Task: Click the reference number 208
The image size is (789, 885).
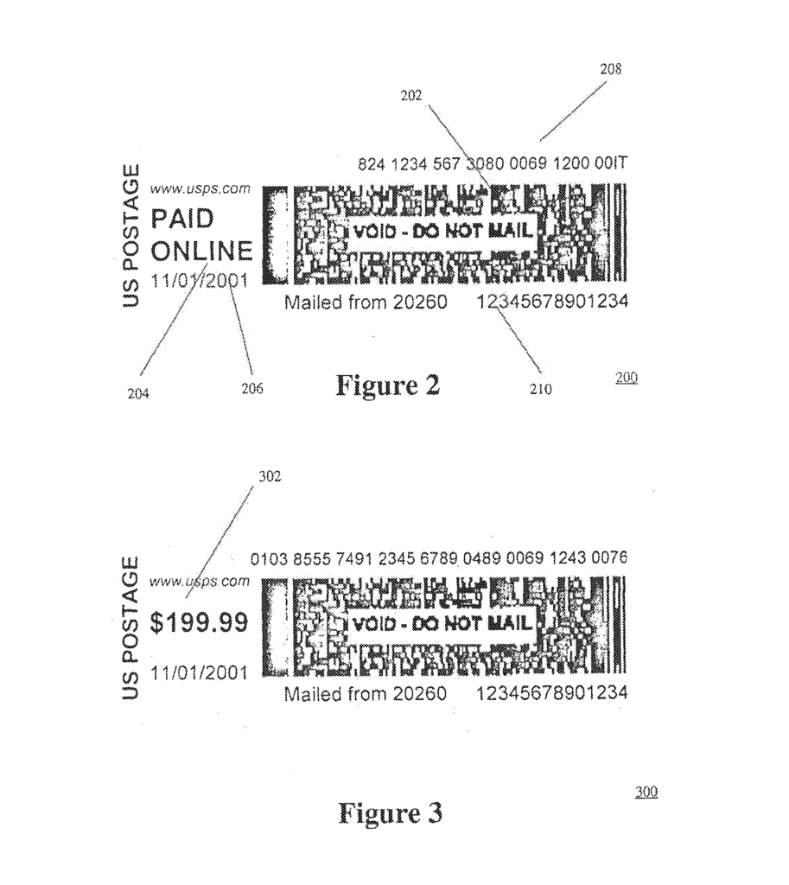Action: (x=610, y=69)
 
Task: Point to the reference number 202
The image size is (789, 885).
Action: (x=410, y=95)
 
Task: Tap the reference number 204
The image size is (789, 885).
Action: (x=138, y=393)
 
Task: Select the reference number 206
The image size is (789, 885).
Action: (x=252, y=388)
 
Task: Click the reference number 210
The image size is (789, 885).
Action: (x=541, y=389)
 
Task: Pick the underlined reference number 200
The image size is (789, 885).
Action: (x=627, y=377)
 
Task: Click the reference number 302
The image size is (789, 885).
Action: (x=270, y=476)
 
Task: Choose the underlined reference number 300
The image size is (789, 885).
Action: (x=646, y=792)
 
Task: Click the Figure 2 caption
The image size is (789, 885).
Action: (x=388, y=385)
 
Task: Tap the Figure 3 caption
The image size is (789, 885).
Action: (x=390, y=812)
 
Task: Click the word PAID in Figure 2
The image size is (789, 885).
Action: (x=182, y=219)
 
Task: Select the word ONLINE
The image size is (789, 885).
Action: (x=201, y=251)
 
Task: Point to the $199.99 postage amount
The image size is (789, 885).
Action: (x=199, y=622)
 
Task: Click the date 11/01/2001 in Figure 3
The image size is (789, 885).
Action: (x=199, y=672)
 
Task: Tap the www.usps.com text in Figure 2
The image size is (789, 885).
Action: (x=200, y=188)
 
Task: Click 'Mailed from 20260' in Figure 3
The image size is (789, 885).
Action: (x=366, y=694)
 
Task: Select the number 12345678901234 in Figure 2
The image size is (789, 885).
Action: (x=552, y=302)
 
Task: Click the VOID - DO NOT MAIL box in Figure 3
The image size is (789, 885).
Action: (x=440, y=624)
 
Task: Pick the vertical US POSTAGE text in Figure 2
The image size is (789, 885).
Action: (x=130, y=235)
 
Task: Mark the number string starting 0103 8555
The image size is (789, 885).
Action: (x=438, y=558)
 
